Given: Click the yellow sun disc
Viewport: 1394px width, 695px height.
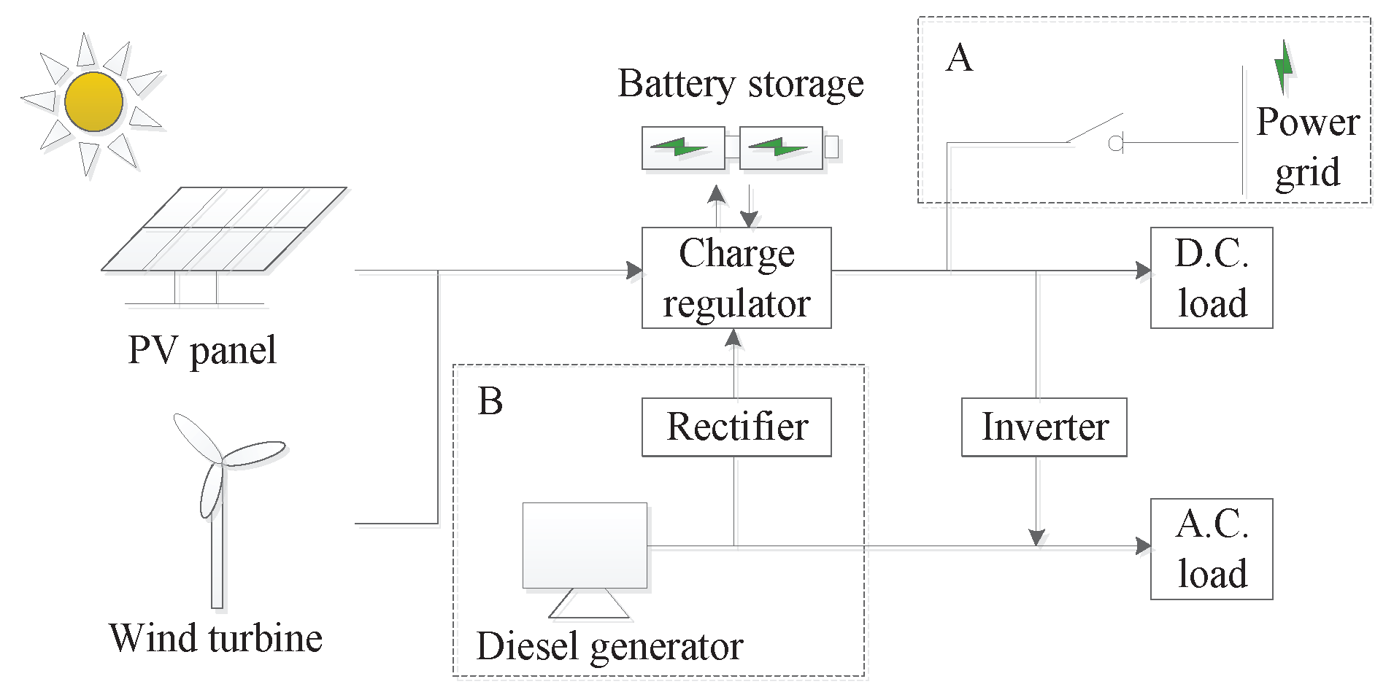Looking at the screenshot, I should pos(93,101).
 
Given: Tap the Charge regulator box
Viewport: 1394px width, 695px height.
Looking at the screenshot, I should pos(736,278).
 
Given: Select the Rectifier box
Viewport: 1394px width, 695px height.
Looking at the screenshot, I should pos(736,427).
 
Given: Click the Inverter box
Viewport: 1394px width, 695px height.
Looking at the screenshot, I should pos(1044,427).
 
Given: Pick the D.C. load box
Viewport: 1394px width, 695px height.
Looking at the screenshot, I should pos(1211,278).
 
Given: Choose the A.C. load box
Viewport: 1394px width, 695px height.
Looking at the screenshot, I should pos(1211,549).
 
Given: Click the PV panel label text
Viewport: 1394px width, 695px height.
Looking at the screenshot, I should pos(202,350).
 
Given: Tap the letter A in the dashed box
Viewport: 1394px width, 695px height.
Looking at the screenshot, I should pos(959,58).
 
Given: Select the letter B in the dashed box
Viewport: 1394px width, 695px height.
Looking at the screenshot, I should pos(490,401).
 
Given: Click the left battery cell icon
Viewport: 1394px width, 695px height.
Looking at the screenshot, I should pos(682,148).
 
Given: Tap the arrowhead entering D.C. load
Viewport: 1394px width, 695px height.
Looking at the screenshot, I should pos(1143,271).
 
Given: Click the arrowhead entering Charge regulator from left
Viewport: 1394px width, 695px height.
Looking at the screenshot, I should pos(634,271).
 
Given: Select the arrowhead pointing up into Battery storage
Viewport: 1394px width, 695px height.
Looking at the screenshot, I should pos(717,194).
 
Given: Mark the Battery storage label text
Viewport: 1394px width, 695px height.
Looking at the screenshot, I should pos(740,84).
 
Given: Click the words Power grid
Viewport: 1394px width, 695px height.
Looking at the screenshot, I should pos(1307,147).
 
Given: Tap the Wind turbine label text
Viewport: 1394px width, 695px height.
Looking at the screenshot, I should pos(215,639).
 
